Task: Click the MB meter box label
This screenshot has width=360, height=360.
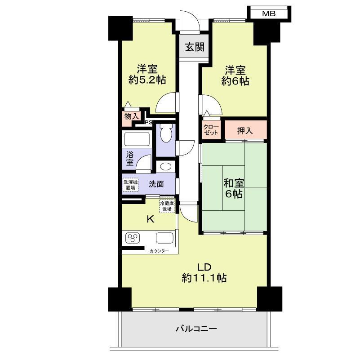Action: (x=269, y=14)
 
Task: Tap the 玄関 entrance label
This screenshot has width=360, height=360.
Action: (x=195, y=47)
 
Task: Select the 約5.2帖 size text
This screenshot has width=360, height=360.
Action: (x=147, y=80)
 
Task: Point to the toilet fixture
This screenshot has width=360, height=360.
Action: (x=166, y=133)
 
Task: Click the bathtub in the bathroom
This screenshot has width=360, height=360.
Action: (x=137, y=139)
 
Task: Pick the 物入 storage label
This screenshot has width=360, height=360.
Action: (x=132, y=116)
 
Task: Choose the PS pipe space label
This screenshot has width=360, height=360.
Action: (x=149, y=122)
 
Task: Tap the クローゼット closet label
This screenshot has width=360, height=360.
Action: (x=211, y=130)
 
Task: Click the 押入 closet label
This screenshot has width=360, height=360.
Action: (x=245, y=131)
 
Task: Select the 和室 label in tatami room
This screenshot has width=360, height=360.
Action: (x=234, y=183)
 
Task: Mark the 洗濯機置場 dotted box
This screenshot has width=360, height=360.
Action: (x=130, y=185)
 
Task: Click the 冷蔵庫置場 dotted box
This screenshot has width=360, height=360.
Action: (x=167, y=206)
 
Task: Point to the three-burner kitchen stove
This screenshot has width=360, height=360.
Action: (x=133, y=238)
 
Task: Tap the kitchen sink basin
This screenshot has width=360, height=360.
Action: (x=164, y=238)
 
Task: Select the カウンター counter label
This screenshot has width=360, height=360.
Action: (x=159, y=251)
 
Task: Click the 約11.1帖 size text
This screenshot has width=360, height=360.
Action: (x=204, y=278)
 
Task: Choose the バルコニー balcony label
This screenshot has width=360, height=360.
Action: (x=196, y=329)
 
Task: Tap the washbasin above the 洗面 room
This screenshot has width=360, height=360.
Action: (x=166, y=166)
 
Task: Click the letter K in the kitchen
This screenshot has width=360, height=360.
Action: (x=151, y=220)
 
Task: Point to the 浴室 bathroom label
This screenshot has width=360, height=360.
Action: (x=130, y=158)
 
